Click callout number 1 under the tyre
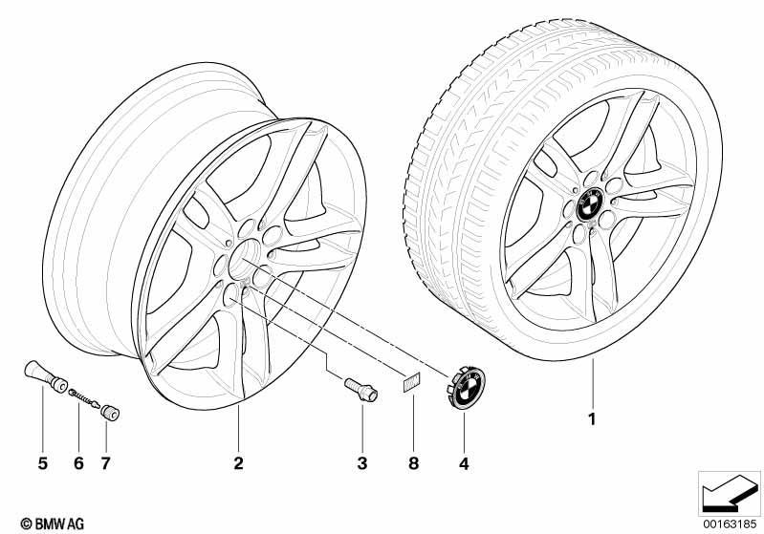(592, 418)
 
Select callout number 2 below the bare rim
(238, 463)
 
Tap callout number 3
(362, 463)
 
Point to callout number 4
(464, 464)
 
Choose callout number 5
(43, 463)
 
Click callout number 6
(79, 463)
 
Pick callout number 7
(106, 463)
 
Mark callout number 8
(413, 463)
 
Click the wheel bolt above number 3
(361, 390)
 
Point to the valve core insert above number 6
(84, 397)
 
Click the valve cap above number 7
(110, 413)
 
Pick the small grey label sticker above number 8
(412, 383)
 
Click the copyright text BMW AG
(53, 523)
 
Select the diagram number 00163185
(730, 523)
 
